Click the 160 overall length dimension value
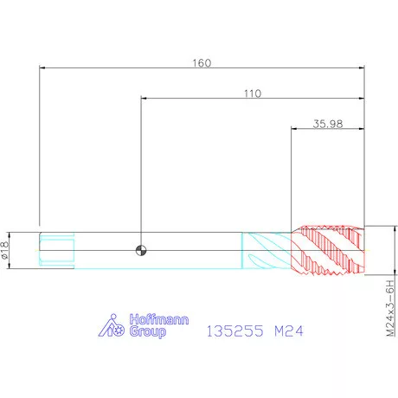pos(202,63)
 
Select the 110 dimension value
pos(253,93)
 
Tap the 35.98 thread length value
pos(328,124)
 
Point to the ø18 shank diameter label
pos(5,250)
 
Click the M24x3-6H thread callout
pos(390,308)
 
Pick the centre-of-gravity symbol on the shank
pos(141,250)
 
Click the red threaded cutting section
pos(328,249)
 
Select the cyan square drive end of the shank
pos(57,250)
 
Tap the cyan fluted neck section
pos(266,250)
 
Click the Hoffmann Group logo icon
pos(112,325)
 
